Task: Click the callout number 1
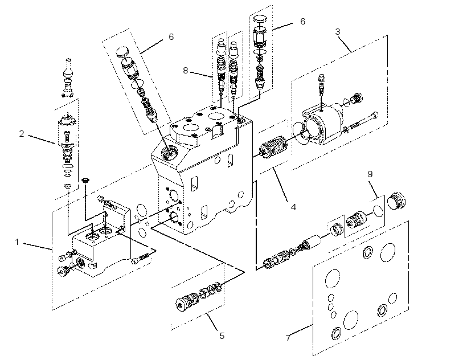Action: coord(17,242)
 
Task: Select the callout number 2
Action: coord(22,134)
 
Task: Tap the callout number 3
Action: coord(338,31)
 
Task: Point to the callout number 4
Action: coord(293,207)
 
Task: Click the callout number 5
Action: coord(222,336)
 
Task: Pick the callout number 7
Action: coord(288,338)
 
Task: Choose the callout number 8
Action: coord(186,71)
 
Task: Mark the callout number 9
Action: coord(370,174)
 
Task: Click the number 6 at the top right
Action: coord(302,22)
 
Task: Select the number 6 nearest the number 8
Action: coord(171,36)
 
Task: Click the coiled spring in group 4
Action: coord(273,145)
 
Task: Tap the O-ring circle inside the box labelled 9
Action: coord(378,210)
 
